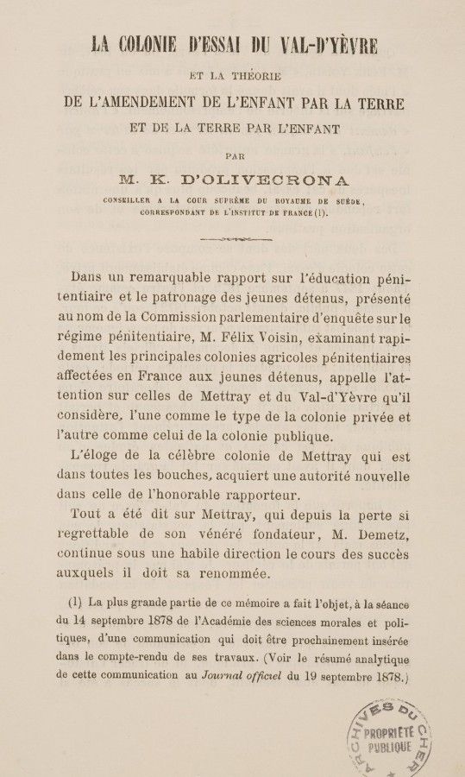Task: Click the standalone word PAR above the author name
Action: click(234, 156)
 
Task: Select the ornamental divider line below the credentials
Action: click(234, 238)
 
